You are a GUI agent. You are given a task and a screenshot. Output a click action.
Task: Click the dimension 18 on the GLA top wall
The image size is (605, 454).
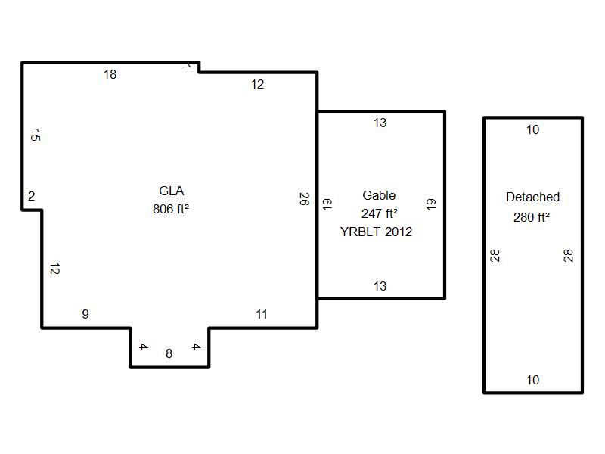(x=110, y=74)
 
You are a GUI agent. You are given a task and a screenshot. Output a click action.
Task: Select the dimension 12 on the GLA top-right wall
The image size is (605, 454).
(x=258, y=85)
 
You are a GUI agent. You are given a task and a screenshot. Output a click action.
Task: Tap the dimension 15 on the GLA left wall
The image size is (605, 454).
(x=35, y=136)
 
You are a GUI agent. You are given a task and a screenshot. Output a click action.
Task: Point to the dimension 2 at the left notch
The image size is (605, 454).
(x=32, y=197)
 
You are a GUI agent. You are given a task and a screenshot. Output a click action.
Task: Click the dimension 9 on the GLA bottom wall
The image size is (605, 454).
(x=85, y=314)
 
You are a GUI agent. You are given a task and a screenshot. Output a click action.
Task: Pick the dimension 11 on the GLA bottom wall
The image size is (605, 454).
(x=262, y=314)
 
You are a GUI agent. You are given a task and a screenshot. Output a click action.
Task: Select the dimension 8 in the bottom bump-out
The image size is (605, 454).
(x=169, y=353)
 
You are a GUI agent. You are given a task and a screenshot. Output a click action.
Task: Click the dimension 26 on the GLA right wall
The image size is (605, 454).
(x=304, y=199)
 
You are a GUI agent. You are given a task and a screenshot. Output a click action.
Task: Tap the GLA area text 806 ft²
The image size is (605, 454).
(x=170, y=210)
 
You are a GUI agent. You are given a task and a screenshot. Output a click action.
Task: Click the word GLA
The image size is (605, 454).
(x=171, y=191)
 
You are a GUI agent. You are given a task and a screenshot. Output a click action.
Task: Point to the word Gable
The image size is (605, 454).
(x=379, y=195)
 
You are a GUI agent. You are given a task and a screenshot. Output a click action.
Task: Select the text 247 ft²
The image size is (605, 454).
(x=380, y=213)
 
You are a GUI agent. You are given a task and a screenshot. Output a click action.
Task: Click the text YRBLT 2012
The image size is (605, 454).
(x=377, y=232)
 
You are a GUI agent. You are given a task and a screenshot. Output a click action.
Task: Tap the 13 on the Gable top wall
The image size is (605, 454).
(x=380, y=123)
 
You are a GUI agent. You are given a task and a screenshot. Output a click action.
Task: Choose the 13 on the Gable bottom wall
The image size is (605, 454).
(x=380, y=286)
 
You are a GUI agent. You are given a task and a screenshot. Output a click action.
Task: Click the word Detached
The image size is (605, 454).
(x=532, y=197)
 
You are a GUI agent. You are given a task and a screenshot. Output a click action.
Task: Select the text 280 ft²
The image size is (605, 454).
(x=531, y=217)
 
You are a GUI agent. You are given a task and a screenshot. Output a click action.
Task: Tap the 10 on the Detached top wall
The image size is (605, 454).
(x=532, y=129)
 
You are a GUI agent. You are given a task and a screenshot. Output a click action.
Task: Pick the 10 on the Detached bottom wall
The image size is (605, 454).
(x=532, y=380)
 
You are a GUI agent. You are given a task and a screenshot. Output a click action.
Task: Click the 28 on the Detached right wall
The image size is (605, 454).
(x=569, y=256)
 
